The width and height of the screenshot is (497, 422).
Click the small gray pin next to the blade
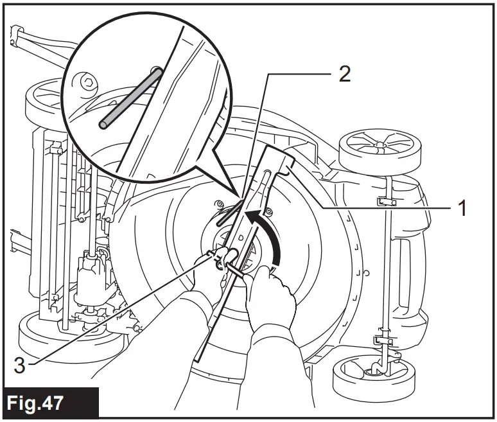point(226,214)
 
